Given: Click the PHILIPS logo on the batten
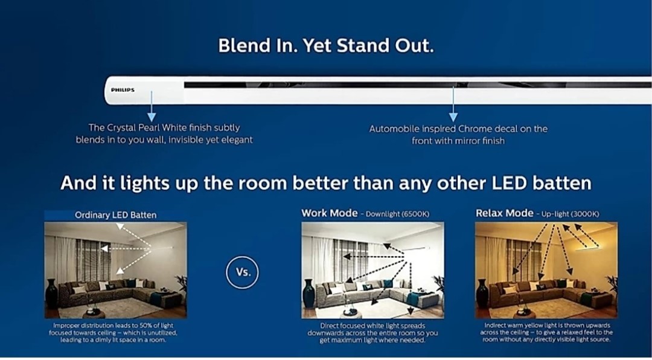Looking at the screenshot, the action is [123, 90].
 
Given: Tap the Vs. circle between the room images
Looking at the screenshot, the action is [242, 272].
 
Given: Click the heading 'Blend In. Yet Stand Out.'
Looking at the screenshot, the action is [326, 46].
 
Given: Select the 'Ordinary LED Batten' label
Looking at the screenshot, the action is [115, 215].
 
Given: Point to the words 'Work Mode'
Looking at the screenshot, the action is [330, 213].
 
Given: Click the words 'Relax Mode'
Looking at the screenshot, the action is [504, 213].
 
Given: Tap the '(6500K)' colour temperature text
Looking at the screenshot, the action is [415, 214].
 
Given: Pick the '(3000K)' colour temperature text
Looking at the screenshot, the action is [586, 214].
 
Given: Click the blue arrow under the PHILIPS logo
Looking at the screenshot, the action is [152, 106].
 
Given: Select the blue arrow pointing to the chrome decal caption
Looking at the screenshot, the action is [453, 104].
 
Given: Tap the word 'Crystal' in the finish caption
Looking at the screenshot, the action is [120, 128].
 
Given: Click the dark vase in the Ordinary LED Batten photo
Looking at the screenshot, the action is [51, 294].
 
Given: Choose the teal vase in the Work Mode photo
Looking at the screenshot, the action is [308, 294].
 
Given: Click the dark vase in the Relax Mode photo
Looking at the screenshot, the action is [482, 294].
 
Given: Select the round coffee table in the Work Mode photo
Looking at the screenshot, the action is [351, 313].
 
